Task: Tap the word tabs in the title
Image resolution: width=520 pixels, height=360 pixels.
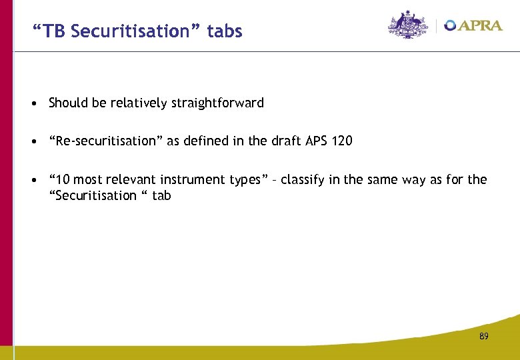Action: click(225, 31)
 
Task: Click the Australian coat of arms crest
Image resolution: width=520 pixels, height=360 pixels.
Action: click(408, 25)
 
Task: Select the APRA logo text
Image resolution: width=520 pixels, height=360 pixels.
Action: click(480, 25)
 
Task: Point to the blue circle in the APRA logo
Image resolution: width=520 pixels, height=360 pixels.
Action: click(451, 25)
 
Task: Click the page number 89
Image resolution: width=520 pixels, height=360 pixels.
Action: click(483, 337)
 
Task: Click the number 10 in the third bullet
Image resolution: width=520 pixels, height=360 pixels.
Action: click(62, 180)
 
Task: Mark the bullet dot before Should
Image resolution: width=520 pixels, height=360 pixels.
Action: click(33, 104)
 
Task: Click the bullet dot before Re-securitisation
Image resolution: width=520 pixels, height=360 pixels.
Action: click(33, 142)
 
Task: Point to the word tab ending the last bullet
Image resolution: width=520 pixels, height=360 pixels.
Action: click(161, 196)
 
